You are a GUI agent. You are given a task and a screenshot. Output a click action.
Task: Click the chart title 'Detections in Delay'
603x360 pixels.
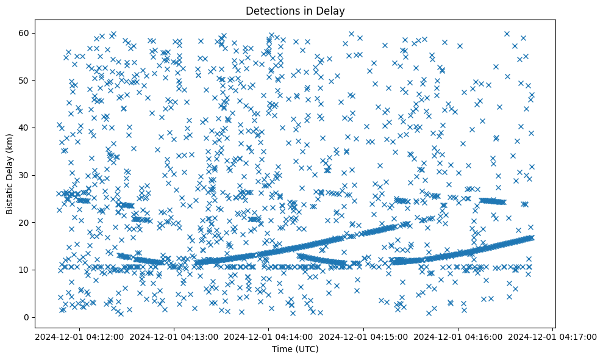(x=294, y=10)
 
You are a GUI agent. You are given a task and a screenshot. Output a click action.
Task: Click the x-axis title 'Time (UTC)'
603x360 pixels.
(x=294, y=349)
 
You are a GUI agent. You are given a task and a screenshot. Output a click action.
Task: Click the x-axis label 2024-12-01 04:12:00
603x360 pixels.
(x=79, y=336)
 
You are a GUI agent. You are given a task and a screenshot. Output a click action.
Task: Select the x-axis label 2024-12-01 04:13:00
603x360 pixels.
(x=174, y=336)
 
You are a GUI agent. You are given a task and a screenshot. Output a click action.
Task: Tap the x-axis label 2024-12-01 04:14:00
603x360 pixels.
(x=268, y=336)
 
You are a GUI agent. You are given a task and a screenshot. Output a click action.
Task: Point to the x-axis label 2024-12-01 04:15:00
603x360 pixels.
(x=363, y=336)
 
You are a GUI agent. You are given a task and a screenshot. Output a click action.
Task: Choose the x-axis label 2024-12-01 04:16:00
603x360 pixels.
(x=458, y=336)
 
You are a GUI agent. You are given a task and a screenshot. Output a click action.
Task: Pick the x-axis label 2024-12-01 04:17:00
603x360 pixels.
(x=553, y=336)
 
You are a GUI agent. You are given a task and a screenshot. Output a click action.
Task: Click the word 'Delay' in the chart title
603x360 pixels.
(x=331, y=10)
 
